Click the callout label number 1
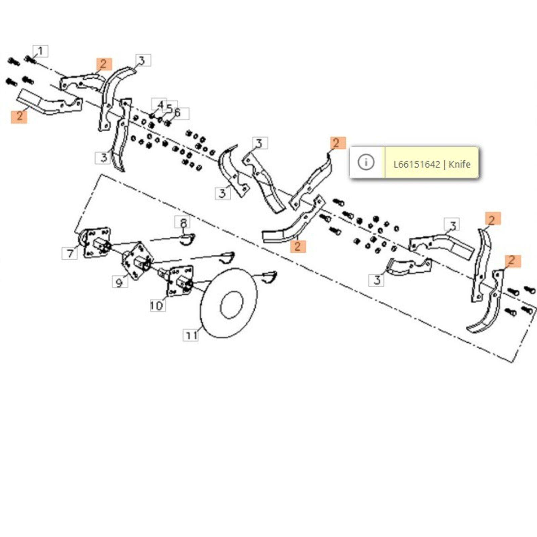click(41, 51)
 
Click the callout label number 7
click(70, 253)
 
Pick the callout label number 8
click(183, 222)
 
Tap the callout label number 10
click(157, 305)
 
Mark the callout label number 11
click(191, 335)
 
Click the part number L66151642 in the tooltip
click(417, 164)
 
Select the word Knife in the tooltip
click(459, 164)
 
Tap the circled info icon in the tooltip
click(366, 163)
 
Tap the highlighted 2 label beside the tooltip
click(336, 143)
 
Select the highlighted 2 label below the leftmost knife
click(19, 116)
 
